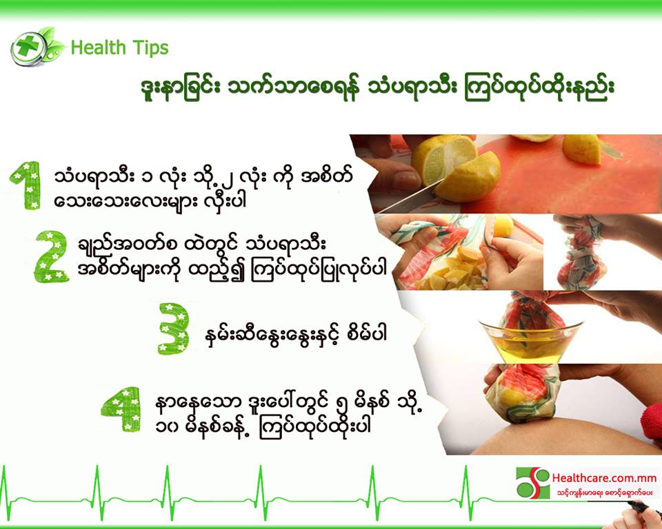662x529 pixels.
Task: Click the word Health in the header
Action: point(98,48)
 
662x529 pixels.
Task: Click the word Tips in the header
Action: point(150,48)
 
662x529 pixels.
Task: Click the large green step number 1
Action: point(26,185)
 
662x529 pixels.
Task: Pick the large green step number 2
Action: point(52,256)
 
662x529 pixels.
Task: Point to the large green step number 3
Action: point(174,329)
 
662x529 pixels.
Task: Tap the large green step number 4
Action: point(123,408)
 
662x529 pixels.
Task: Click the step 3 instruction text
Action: point(294,334)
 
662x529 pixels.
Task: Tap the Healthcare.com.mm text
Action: point(604,479)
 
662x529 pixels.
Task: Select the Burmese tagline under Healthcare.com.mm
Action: point(605,492)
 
